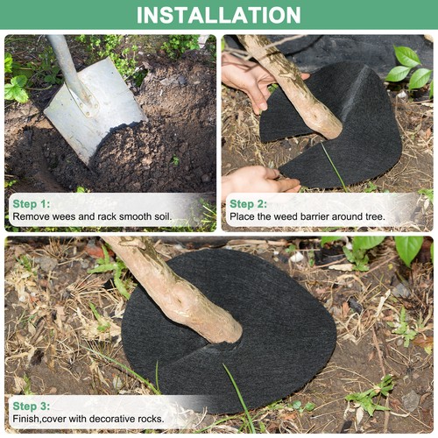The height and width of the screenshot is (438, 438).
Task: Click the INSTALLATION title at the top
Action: click(219, 15)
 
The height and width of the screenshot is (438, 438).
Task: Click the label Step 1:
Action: click(32, 203)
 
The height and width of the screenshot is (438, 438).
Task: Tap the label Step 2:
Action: click(249, 203)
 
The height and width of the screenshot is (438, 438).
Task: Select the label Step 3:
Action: click(32, 406)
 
